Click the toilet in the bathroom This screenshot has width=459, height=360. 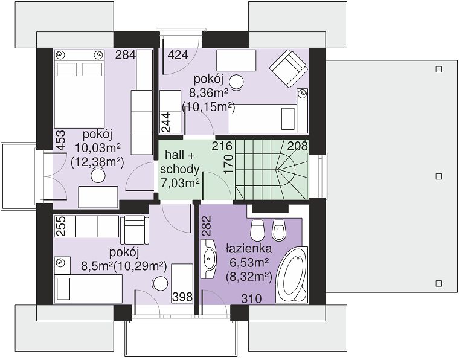pos(258,230)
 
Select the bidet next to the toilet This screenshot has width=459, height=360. pos(279,230)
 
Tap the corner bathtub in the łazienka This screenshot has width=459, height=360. pos(292,274)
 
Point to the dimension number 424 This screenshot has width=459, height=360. pos(178,55)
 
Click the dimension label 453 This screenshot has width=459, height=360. pos(60,141)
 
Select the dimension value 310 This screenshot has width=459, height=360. pos(251,299)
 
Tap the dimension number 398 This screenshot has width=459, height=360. pos(182,297)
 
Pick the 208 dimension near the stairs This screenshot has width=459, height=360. pos(298,146)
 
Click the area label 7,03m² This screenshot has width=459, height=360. pos(181,183)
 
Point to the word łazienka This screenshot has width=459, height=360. pos(249,249)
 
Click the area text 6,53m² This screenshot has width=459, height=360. pos(249,263)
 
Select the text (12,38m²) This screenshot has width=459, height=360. pos(97,161)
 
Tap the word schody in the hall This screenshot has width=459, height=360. pos(180,169)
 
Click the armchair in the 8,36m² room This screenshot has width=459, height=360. pos(289,69)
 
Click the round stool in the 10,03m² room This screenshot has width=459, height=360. pos(98,176)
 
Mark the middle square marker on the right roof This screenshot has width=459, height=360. pos(438,176)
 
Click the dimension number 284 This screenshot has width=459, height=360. pos(126,55)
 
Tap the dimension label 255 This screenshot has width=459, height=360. pos(60,226)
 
